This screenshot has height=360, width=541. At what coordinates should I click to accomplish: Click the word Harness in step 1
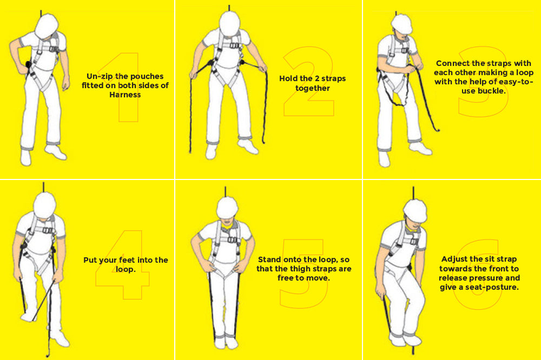[x=125, y=95]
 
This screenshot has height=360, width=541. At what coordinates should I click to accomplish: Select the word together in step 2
[x=312, y=88]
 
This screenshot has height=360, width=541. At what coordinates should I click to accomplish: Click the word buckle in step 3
[x=491, y=91]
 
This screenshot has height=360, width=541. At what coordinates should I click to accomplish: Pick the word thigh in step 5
[x=299, y=269]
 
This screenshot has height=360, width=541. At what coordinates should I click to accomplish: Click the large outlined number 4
[x=123, y=265]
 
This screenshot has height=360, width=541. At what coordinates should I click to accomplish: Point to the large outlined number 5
[x=303, y=270]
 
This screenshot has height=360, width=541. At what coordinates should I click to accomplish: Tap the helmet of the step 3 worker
[x=401, y=23]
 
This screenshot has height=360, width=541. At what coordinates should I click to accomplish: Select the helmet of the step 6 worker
[x=415, y=210]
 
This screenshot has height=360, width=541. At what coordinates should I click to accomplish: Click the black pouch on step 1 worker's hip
[x=28, y=65]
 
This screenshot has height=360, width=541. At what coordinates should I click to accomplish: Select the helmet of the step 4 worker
[x=45, y=204]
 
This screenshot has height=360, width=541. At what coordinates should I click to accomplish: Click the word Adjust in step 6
[x=455, y=259]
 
